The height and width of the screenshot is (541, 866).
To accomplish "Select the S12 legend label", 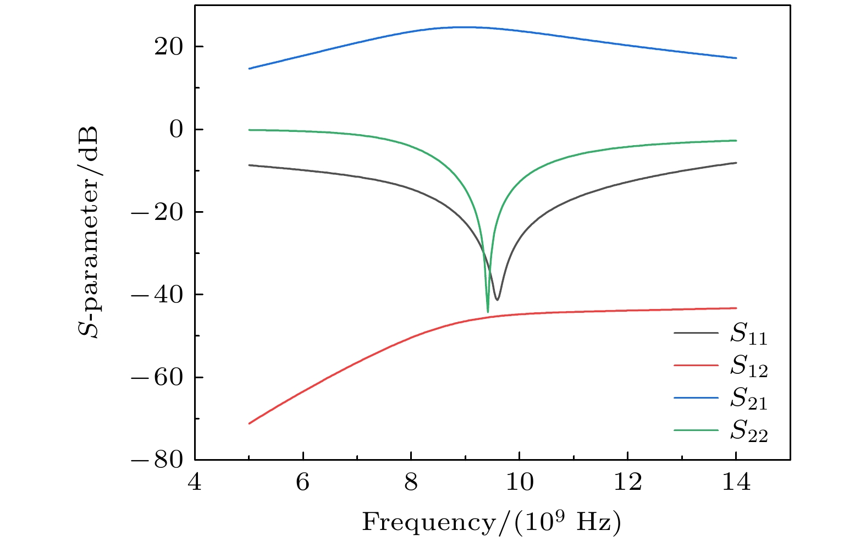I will pyautogui.click(x=748, y=366).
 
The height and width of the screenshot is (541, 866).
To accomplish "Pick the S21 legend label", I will pyautogui.click(x=748, y=399).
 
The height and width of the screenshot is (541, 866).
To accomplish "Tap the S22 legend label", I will pyautogui.click(x=748, y=431).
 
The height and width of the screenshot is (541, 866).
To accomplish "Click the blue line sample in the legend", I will pyautogui.click(x=696, y=397).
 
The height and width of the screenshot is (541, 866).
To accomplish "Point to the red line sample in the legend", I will pyautogui.click(x=696, y=365).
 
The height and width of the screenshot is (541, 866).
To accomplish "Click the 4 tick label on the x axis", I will pyautogui.click(x=195, y=483).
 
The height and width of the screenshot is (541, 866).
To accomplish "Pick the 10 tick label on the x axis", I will pyautogui.click(x=520, y=483).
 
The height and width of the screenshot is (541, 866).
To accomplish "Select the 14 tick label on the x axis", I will pyautogui.click(x=736, y=483).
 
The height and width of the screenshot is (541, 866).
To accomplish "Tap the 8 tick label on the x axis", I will pyautogui.click(x=411, y=483).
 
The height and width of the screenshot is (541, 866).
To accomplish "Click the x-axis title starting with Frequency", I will pyautogui.click(x=491, y=522).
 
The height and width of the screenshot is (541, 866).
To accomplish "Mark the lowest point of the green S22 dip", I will pyautogui.click(x=488, y=312).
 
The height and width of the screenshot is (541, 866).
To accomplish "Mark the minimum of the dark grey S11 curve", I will pyautogui.click(x=497, y=300).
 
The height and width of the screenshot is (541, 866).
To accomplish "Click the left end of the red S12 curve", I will pyautogui.click(x=249, y=423).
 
